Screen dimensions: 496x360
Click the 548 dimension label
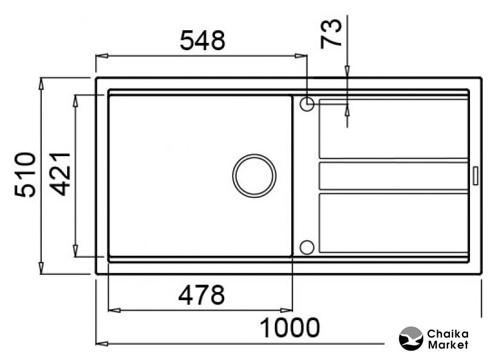click(202, 41)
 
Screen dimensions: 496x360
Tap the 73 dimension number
click(331, 33)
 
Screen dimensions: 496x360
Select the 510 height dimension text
click(25, 175)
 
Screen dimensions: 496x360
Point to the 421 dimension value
click(61, 174)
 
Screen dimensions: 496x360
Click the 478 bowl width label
click(202, 295)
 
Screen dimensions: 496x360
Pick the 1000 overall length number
click(289, 328)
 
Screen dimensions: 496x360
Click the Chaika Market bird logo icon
click(411, 338)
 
